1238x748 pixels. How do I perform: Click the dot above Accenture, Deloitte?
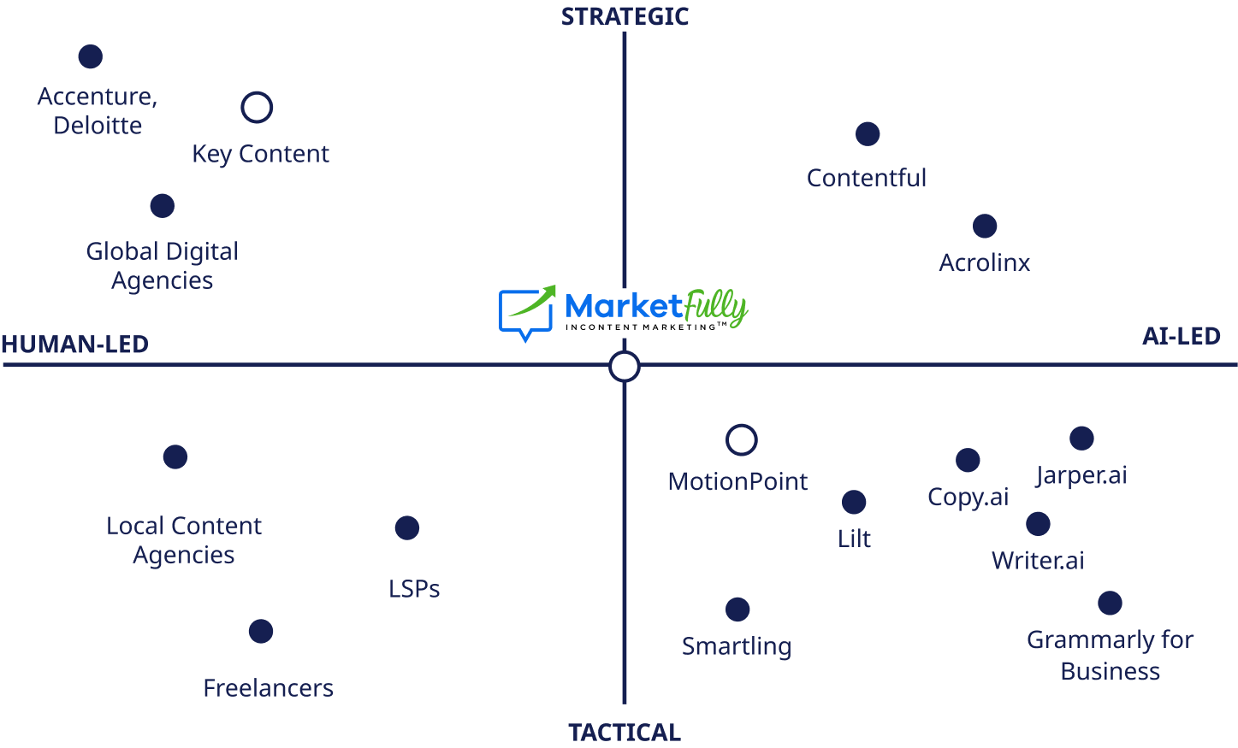(x=90, y=56)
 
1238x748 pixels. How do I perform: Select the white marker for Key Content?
(x=257, y=108)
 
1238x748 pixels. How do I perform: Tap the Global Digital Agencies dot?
(x=162, y=206)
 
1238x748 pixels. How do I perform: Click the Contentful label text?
(x=866, y=178)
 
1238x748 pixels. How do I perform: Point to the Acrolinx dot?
(x=985, y=227)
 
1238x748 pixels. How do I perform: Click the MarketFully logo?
(x=624, y=309)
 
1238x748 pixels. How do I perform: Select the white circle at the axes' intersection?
(x=625, y=367)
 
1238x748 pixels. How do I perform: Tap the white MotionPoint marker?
(x=741, y=440)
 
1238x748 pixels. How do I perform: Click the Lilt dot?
(x=854, y=503)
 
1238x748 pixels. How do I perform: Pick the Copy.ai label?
(x=968, y=498)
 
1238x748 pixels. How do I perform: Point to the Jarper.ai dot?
(x=1081, y=439)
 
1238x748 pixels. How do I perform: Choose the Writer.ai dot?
(x=1038, y=524)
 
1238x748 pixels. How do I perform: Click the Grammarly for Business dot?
(x=1110, y=604)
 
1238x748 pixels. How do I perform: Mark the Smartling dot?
(x=737, y=610)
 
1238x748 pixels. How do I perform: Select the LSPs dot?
(x=407, y=528)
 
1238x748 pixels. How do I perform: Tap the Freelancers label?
(x=268, y=688)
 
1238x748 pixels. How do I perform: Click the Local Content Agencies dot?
(x=175, y=457)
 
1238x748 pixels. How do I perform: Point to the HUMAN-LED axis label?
(x=75, y=345)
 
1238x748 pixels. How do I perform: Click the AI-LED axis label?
(x=1181, y=337)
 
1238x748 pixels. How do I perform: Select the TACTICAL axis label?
(x=625, y=733)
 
